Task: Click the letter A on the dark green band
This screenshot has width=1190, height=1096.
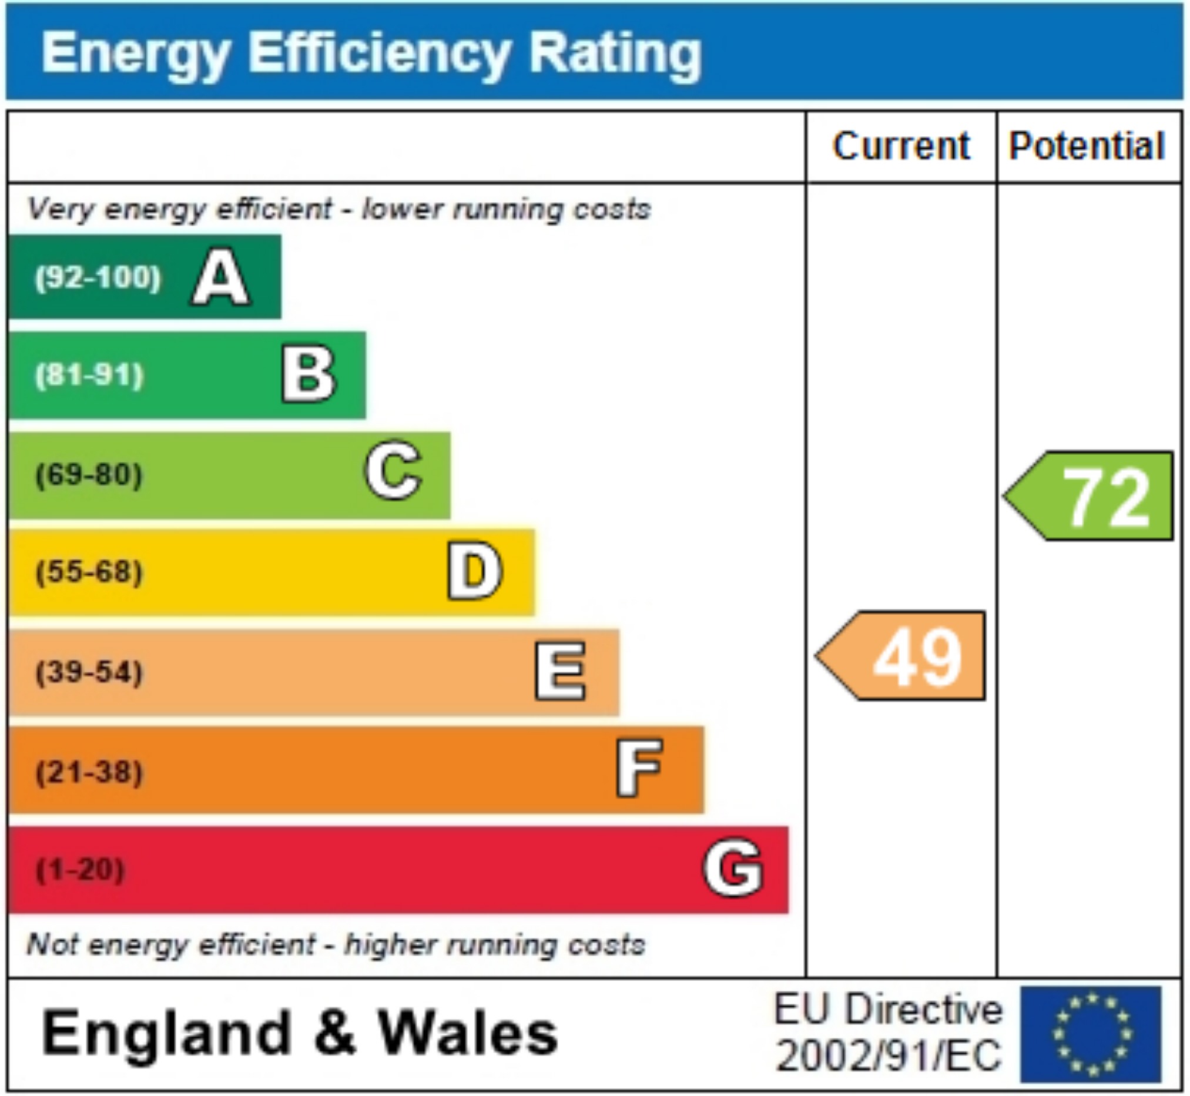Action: (x=220, y=277)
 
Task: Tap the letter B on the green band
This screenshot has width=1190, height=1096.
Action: (x=309, y=375)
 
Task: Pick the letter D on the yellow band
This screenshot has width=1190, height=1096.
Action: (x=474, y=572)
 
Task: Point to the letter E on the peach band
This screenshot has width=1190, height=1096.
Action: (x=560, y=671)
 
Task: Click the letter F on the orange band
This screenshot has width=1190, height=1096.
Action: (x=639, y=769)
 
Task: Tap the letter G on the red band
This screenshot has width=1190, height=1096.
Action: (x=733, y=868)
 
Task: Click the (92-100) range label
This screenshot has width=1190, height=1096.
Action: (x=98, y=277)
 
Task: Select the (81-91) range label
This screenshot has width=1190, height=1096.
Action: (x=89, y=376)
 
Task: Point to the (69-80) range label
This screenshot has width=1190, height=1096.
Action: (x=89, y=475)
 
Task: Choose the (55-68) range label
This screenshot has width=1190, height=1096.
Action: (x=89, y=572)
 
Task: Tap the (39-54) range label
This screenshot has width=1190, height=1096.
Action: (x=89, y=672)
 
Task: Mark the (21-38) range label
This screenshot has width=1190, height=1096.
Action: (x=89, y=772)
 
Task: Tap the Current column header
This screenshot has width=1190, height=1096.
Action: (x=901, y=146)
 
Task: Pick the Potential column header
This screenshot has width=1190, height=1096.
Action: (x=1087, y=146)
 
